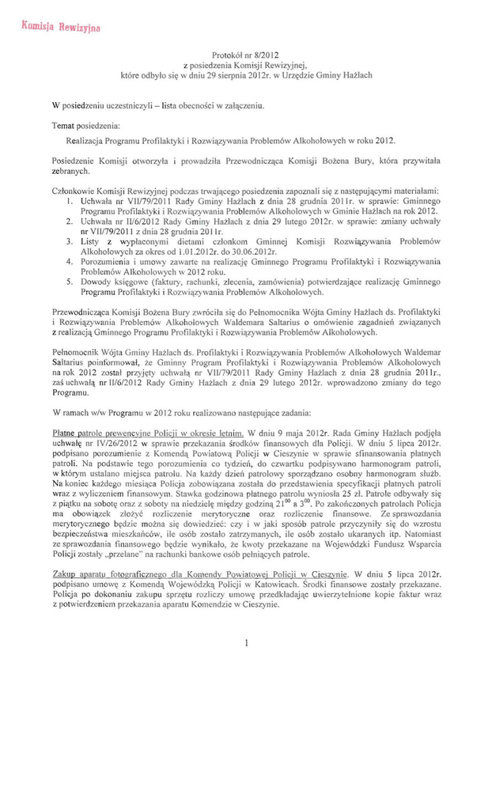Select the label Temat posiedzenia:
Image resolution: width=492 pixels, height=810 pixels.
pos(86,125)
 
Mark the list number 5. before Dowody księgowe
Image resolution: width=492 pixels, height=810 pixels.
pos(70,281)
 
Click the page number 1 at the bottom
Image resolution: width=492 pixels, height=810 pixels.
pos(246,643)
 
